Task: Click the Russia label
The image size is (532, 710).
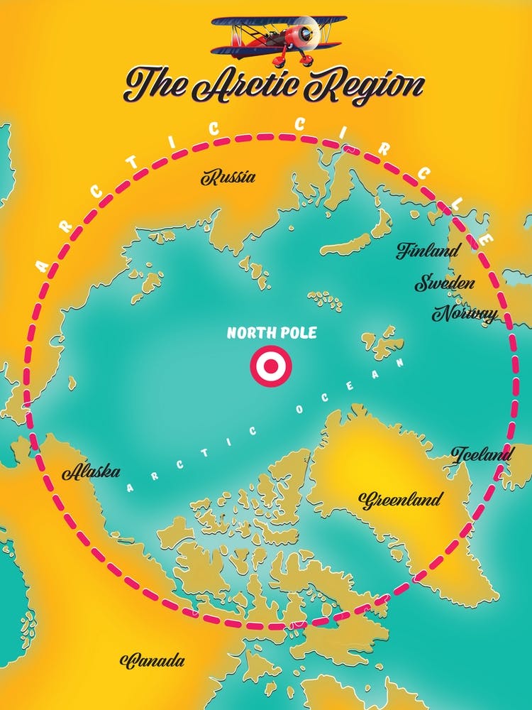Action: pyautogui.click(x=228, y=177)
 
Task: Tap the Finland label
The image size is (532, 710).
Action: pyautogui.click(x=428, y=250)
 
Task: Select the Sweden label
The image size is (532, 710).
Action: pyautogui.click(x=445, y=283)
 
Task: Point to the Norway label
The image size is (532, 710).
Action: pyautogui.click(x=465, y=313)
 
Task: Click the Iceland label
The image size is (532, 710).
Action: pyautogui.click(x=482, y=454)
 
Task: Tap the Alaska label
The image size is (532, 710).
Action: pyautogui.click(x=92, y=471)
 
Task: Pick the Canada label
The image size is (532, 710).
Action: pyautogui.click(x=153, y=661)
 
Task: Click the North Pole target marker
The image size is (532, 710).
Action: pyautogui.click(x=270, y=366)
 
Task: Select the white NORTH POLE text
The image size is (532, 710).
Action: pyautogui.click(x=271, y=332)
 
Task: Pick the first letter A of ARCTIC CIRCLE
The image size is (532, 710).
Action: pyautogui.click(x=42, y=267)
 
